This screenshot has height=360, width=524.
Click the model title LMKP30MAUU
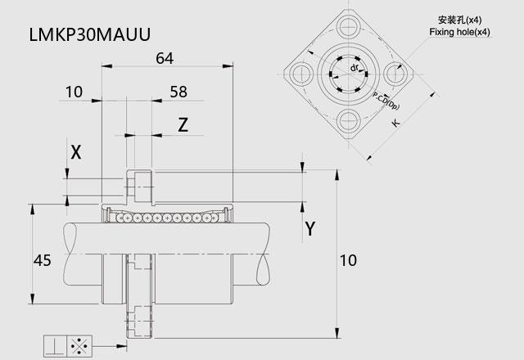click(x=90, y=34)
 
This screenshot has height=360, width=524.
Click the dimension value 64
click(x=165, y=58)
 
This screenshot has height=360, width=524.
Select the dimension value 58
click(x=178, y=92)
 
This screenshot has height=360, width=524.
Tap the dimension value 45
click(x=43, y=260)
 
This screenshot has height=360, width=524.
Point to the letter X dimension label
click(x=76, y=153)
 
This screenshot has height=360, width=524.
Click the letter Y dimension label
click(x=310, y=229)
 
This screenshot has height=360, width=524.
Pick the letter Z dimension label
click(x=183, y=125)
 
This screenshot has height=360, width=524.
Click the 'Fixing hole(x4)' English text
click(x=460, y=32)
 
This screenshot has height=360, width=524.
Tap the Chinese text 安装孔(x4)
click(x=460, y=20)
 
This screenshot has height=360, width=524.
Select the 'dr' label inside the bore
click(x=355, y=68)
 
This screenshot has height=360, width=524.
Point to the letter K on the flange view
click(x=395, y=123)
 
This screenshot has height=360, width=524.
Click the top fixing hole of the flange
click(x=348, y=26)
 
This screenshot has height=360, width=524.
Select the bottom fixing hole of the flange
click(x=348, y=120)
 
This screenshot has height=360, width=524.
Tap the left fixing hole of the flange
click(x=301, y=73)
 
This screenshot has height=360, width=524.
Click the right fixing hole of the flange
click(x=395, y=73)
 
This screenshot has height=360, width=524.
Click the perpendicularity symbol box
click(x=56, y=346)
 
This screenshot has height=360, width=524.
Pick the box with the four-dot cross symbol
click(x=79, y=346)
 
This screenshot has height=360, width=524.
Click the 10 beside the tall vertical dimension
click(x=348, y=260)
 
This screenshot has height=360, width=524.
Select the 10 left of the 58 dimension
click(x=74, y=92)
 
